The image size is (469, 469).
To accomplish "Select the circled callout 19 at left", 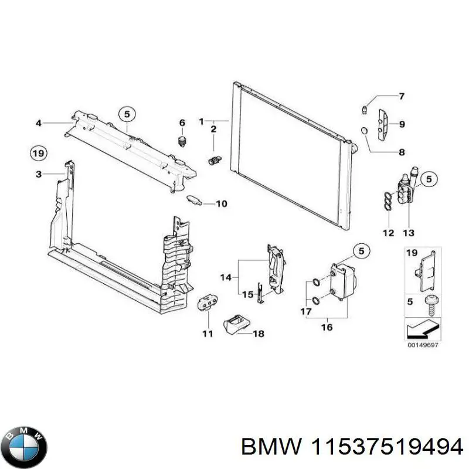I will [x=38, y=154].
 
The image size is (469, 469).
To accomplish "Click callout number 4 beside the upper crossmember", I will [x=38, y=123].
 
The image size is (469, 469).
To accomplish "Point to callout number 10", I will [x=221, y=204].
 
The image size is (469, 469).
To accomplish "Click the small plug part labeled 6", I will [x=182, y=141].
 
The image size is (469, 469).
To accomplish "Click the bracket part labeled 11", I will [x=206, y=302].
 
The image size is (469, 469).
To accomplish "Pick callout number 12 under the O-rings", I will [x=389, y=233].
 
